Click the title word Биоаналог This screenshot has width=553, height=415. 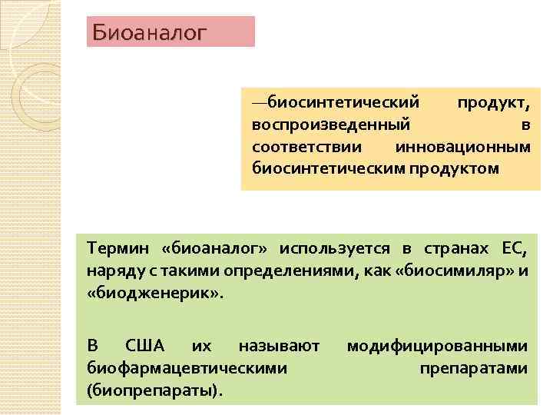click(x=150, y=32)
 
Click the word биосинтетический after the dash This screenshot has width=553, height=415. click(x=342, y=102)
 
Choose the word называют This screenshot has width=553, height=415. click(x=279, y=347)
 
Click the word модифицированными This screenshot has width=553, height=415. click(x=437, y=347)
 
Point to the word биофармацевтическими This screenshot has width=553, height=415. click(x=187, y=368)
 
